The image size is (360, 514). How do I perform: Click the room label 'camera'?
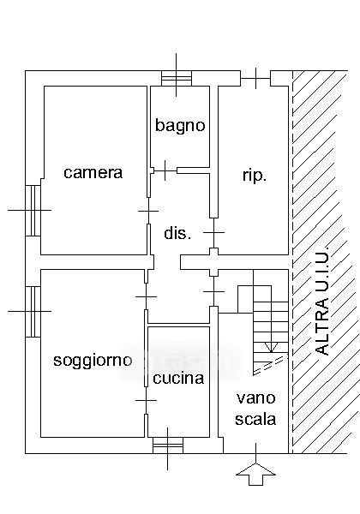(x=93, y=173)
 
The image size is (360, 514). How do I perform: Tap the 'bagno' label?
(x=180, y=126)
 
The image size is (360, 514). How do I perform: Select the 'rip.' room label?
(x=255, y=176)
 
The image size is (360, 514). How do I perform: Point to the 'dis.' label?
(x=177, y=233)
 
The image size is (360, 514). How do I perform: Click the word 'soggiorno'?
(x=93, y=362)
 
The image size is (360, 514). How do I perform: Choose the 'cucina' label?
(x=178, y=378)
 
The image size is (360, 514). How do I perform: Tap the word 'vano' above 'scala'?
(x=255, y=398)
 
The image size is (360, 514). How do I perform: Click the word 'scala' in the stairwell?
(x=255, y=419)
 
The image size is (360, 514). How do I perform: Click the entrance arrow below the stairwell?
(x=255, y=474)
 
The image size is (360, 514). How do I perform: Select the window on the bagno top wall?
(x=177, y=79)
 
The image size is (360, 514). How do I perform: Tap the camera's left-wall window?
(x=33, y=210)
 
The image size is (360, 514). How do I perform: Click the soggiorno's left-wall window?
(x=33, y=312)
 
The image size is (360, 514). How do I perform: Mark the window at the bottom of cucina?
(x=167, y=445)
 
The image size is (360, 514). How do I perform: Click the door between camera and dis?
(x=148, y=211)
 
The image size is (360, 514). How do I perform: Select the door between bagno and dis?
(x=165, y=170)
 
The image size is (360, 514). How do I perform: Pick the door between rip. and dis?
(x=213, y=233)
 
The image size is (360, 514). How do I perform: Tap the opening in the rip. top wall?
(x=255, y=79)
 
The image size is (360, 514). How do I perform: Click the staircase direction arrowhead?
(x=271, y=348)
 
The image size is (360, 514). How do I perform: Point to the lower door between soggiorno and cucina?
(x=147, y=400)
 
